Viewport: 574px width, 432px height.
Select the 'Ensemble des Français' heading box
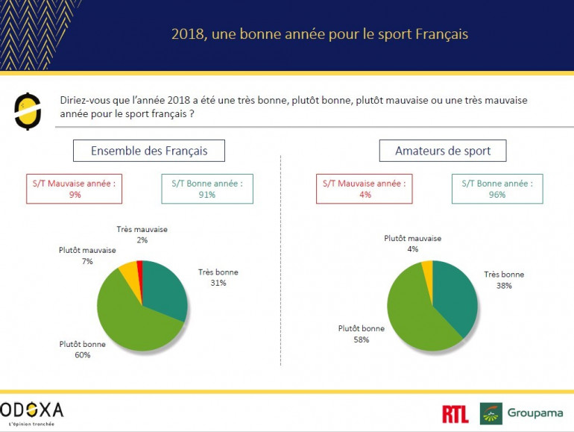click(149, 151)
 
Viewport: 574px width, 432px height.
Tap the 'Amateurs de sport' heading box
click(443, 151)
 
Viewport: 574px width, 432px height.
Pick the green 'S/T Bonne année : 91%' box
click(206, 189)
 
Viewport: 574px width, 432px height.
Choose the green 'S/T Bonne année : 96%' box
click(496, 189)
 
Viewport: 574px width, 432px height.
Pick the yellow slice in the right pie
click(427, 268)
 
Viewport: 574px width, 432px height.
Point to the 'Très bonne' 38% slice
click(455, 295)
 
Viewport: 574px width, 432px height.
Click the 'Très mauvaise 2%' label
click(142, 234)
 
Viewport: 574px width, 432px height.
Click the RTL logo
click(455, 414)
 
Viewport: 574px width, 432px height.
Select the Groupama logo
click(522, 413)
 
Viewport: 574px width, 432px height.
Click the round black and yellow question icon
click(28, 110)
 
